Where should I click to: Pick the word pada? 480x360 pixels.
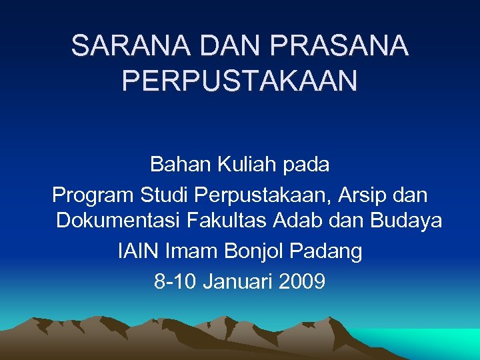point(308,163)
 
